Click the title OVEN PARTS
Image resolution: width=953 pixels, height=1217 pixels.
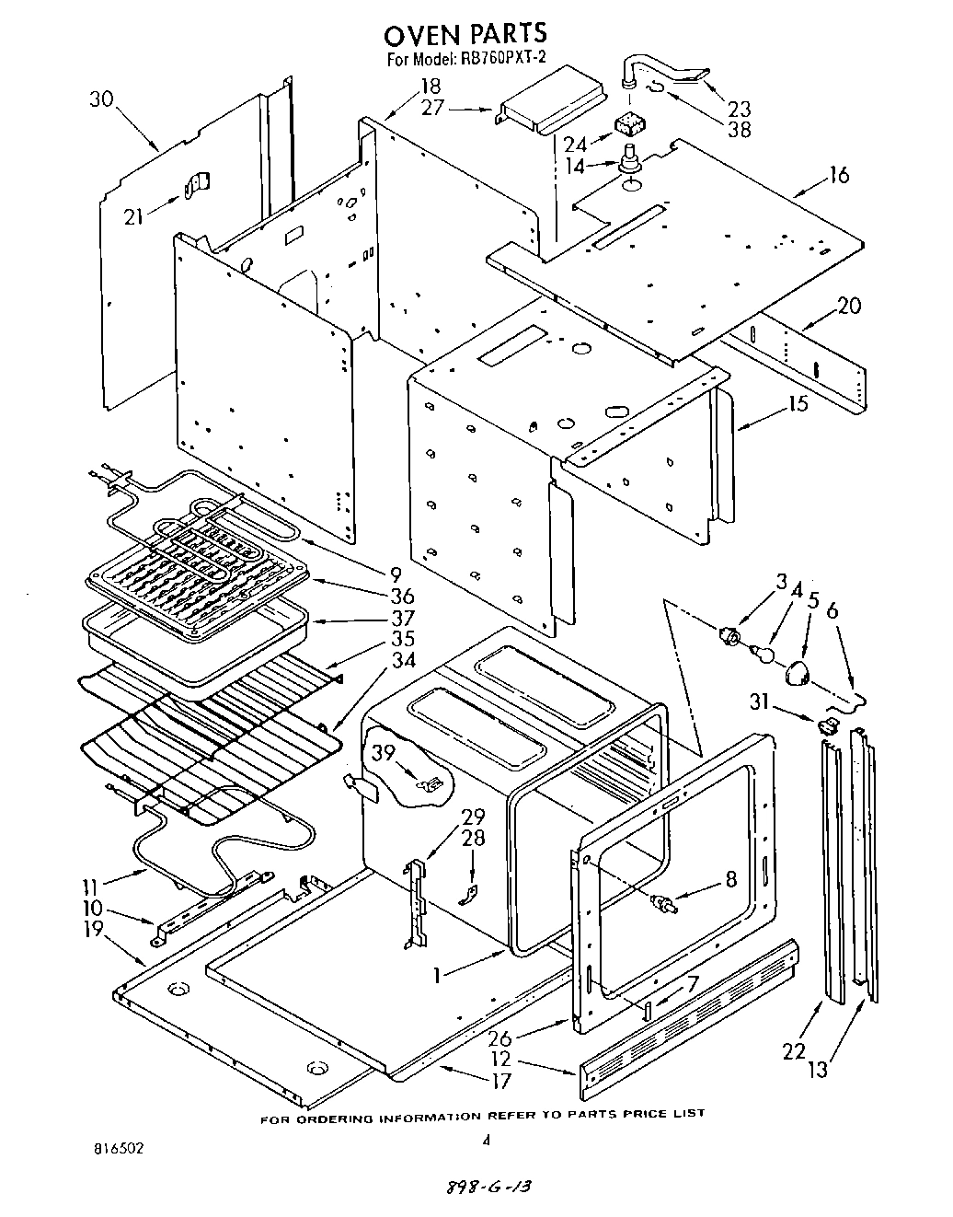click(x=465, y=34)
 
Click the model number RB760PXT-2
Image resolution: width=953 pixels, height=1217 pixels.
click(x=504, y=61)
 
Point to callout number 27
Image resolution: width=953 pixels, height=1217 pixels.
click(x=432, y=108)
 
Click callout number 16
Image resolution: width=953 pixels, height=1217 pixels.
click(x=838, y=175)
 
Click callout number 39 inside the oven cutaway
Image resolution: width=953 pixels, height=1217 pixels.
click(x=385, y=752)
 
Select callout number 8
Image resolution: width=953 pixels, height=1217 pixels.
click(x=730, y=878)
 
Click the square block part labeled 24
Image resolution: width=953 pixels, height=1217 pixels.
click(x=628, y=122)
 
